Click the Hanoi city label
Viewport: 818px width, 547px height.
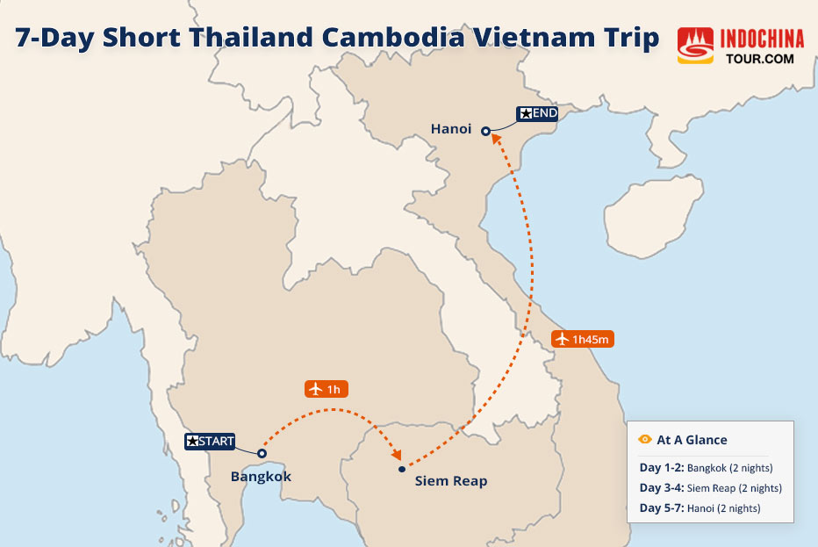[451, 129]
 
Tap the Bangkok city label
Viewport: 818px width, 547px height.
[261, 477]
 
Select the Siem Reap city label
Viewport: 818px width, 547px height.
[450, 481]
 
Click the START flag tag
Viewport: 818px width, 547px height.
[210, 442]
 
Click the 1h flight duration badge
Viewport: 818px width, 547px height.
[326, 388]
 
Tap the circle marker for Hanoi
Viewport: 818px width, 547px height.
[485, 131]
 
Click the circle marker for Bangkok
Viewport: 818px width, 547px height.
[262, 453]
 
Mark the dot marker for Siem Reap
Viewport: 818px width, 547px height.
[401, 470]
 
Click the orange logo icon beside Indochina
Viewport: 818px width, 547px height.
[695, 45]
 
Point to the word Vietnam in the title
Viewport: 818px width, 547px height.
[543, 38]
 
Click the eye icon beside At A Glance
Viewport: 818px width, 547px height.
[645, 440]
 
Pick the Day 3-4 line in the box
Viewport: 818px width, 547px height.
[710, 488]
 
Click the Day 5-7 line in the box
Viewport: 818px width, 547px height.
[699, 508]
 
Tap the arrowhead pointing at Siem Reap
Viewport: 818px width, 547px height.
[397, 456]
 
